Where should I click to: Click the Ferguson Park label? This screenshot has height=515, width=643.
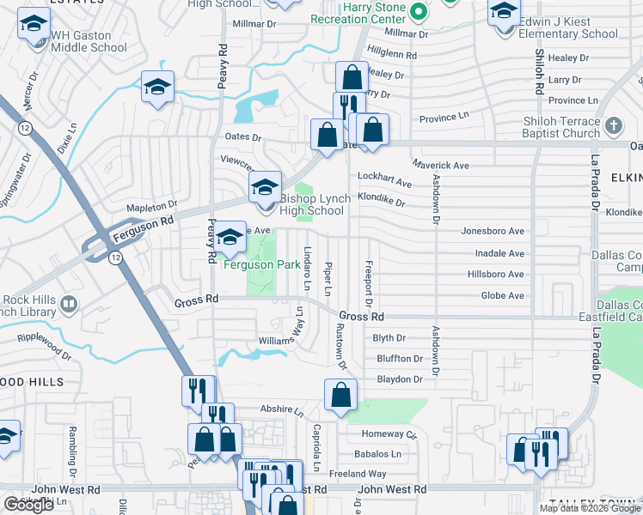point(262,264)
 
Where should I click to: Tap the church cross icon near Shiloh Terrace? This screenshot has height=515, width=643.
point(613,127)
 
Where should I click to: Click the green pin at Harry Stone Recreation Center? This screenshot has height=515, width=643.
point(418,12)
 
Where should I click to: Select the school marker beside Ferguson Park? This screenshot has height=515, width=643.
point(230,239)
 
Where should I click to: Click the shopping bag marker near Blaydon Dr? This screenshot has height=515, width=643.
point(341,395)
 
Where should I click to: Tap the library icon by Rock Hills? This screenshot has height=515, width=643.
point(69,304)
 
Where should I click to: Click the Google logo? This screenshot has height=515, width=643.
point(29,505)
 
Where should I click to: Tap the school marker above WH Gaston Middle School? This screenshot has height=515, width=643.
point(34,25)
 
